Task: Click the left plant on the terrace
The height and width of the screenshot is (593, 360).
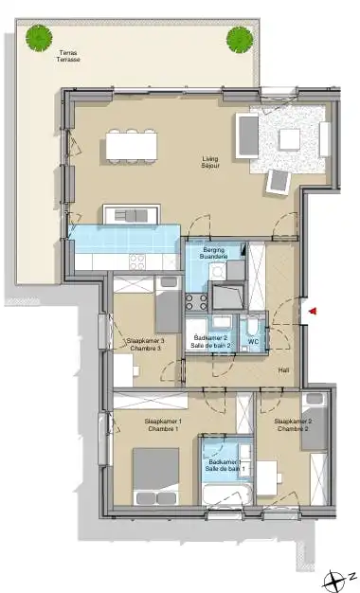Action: point(39,38)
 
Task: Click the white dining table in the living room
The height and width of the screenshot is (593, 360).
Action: point(131,145)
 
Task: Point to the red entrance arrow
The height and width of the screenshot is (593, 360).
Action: point(312,310)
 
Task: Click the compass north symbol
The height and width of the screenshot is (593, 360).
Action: point(333,578)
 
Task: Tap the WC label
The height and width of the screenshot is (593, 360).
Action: point(254,341)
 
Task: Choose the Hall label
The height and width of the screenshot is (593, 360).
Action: point(282,371)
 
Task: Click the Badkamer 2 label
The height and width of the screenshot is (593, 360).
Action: point(210,341)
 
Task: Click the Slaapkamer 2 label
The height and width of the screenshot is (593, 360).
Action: point(293,425)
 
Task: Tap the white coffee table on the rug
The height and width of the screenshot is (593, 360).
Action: point(289,139)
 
